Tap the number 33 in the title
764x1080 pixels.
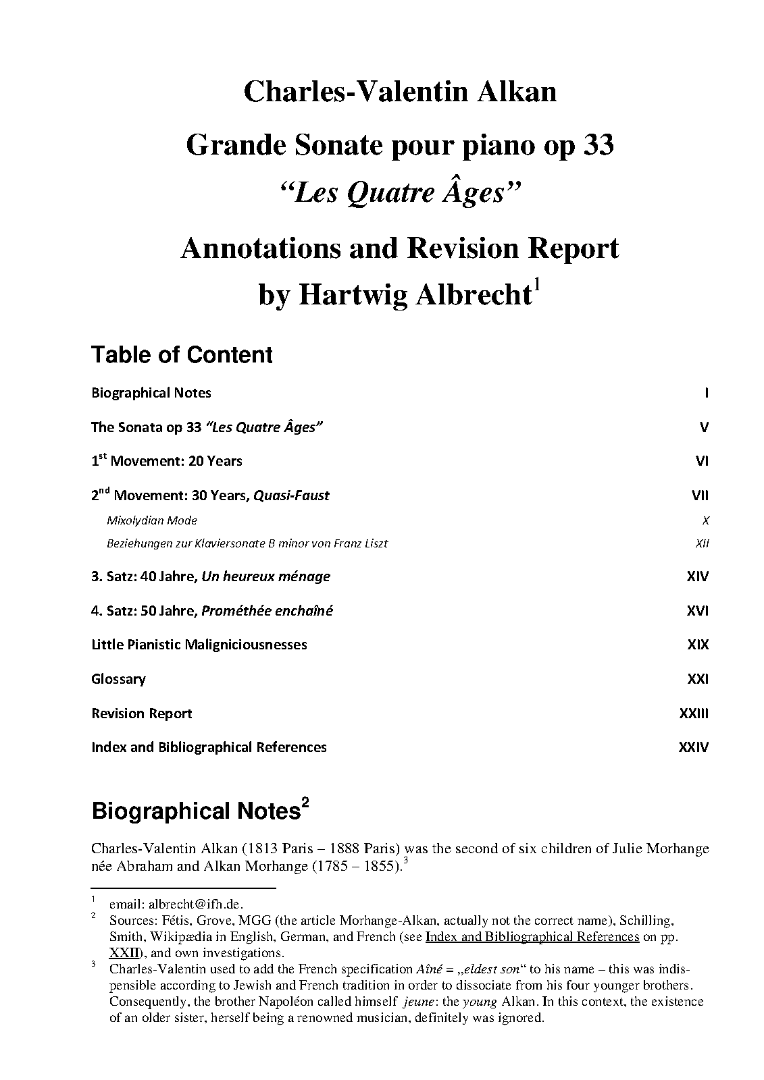(x=596, y=146)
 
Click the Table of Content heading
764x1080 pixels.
(x=182, y=355)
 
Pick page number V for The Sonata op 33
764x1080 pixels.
(x=704, y=427)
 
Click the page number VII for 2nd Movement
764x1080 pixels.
(x=700, y=495)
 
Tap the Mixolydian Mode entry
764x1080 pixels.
(x=152, y=520)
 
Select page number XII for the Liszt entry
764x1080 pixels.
(x=702, y=543)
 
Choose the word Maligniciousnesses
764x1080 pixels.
(x=246, y=645)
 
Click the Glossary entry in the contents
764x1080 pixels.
(x=118, y=679)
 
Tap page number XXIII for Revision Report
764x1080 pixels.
(x=694, y=713)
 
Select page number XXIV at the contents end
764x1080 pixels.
(x=693, y=747)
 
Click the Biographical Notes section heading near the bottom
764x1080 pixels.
(x=196, y=811)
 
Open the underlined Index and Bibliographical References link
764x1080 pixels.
(x=532, y=937)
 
